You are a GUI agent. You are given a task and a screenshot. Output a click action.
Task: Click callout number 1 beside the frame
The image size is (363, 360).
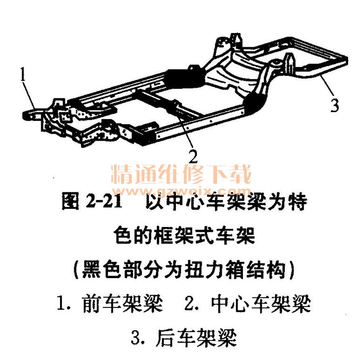(23, 74)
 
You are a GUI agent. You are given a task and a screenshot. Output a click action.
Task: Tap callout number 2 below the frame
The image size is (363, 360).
(193, 156)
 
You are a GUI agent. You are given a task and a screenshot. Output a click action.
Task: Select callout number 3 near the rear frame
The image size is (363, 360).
(335, 106)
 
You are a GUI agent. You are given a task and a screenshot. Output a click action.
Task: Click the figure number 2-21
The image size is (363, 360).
(104, 201)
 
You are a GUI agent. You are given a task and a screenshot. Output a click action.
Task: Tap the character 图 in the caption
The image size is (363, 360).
(70, 201)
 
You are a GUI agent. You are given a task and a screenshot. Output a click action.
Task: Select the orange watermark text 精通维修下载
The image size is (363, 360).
(181, 174)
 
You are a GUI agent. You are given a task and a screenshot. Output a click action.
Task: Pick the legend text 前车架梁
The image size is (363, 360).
(122, 304)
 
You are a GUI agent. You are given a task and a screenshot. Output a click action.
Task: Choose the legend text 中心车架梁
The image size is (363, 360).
(261, 304)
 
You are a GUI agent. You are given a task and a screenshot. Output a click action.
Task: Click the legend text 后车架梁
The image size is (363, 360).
(196, 338)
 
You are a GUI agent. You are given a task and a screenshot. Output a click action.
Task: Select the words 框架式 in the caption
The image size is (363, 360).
(184, 235)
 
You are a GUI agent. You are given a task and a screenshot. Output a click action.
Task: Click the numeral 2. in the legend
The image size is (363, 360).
(192, 304)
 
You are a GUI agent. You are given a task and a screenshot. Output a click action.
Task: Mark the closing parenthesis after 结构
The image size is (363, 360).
(292, 270)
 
